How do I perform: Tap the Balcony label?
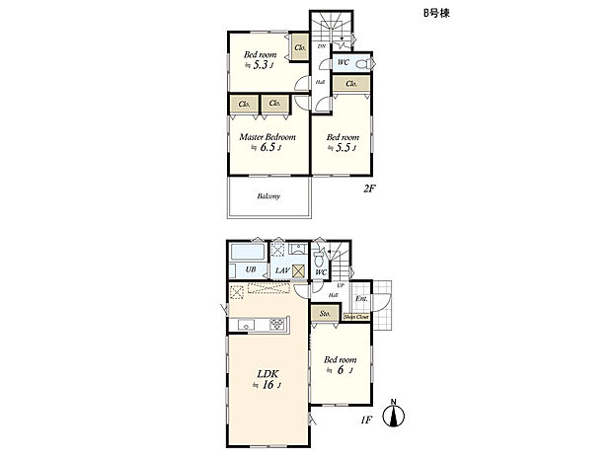tap(268, 195)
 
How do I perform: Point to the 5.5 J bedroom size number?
tap(344, 149)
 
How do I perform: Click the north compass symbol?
tap(395, 413)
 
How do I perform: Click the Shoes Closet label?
tap(356, 317)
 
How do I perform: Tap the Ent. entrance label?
tap(361, 298)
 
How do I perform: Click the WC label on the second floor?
tap(343, 62)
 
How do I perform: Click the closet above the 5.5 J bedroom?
tap(352, 85)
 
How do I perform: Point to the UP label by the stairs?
tap(341, 285)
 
